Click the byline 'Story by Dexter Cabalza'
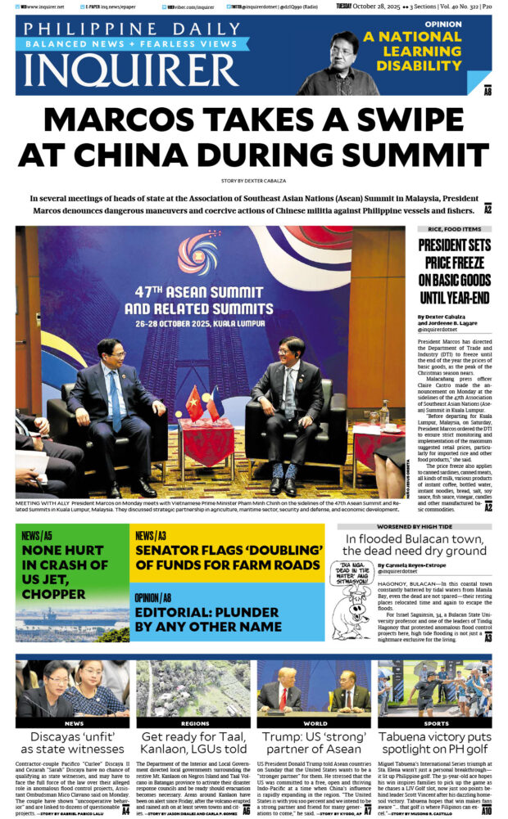tap(253, 179)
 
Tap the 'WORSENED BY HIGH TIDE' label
tap(414, 528)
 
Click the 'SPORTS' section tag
tap(435, 723)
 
